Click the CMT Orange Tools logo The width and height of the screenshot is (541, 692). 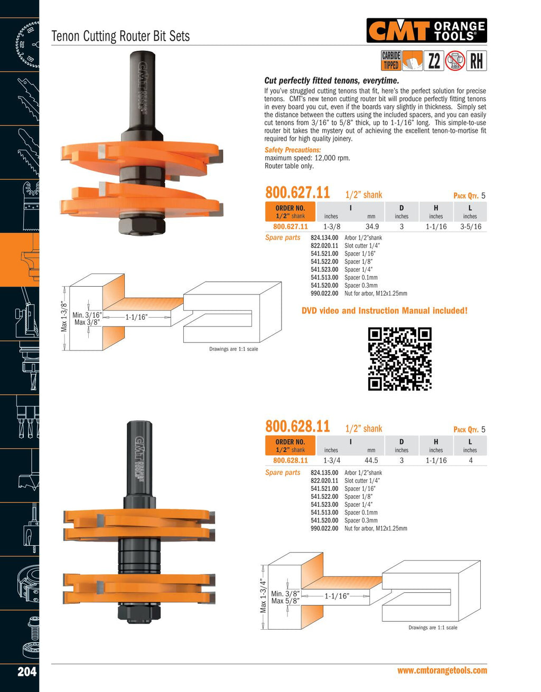click(x=426, y=30)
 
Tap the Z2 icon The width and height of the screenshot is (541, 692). click(x=434, y=61)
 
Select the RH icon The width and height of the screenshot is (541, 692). click(x=477, y=61)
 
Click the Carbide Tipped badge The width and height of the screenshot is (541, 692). click(x=391, y=61)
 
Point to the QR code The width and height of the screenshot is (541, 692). click(x=400, y=359)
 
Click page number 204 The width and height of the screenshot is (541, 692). click(x=27, y=671)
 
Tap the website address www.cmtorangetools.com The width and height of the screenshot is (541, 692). click(x=442, y=670)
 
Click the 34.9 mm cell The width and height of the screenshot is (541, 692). click(x=372, y=226)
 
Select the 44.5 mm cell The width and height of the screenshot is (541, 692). click(x=371, y=460)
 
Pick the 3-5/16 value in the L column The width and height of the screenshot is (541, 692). click(x=471, y=226)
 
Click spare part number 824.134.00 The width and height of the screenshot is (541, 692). click(x=324, y=238)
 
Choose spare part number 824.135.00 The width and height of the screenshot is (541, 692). click(x=324, y=472)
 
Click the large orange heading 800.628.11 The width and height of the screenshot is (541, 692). click(x=297, y=426)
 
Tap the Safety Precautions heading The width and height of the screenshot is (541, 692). click(x=293, y=150)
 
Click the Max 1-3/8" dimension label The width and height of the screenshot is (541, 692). click(x=64, y=317)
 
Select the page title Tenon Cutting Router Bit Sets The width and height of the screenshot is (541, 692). click(x=120, y=36)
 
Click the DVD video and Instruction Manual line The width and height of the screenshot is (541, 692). click(x=385, y=310)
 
